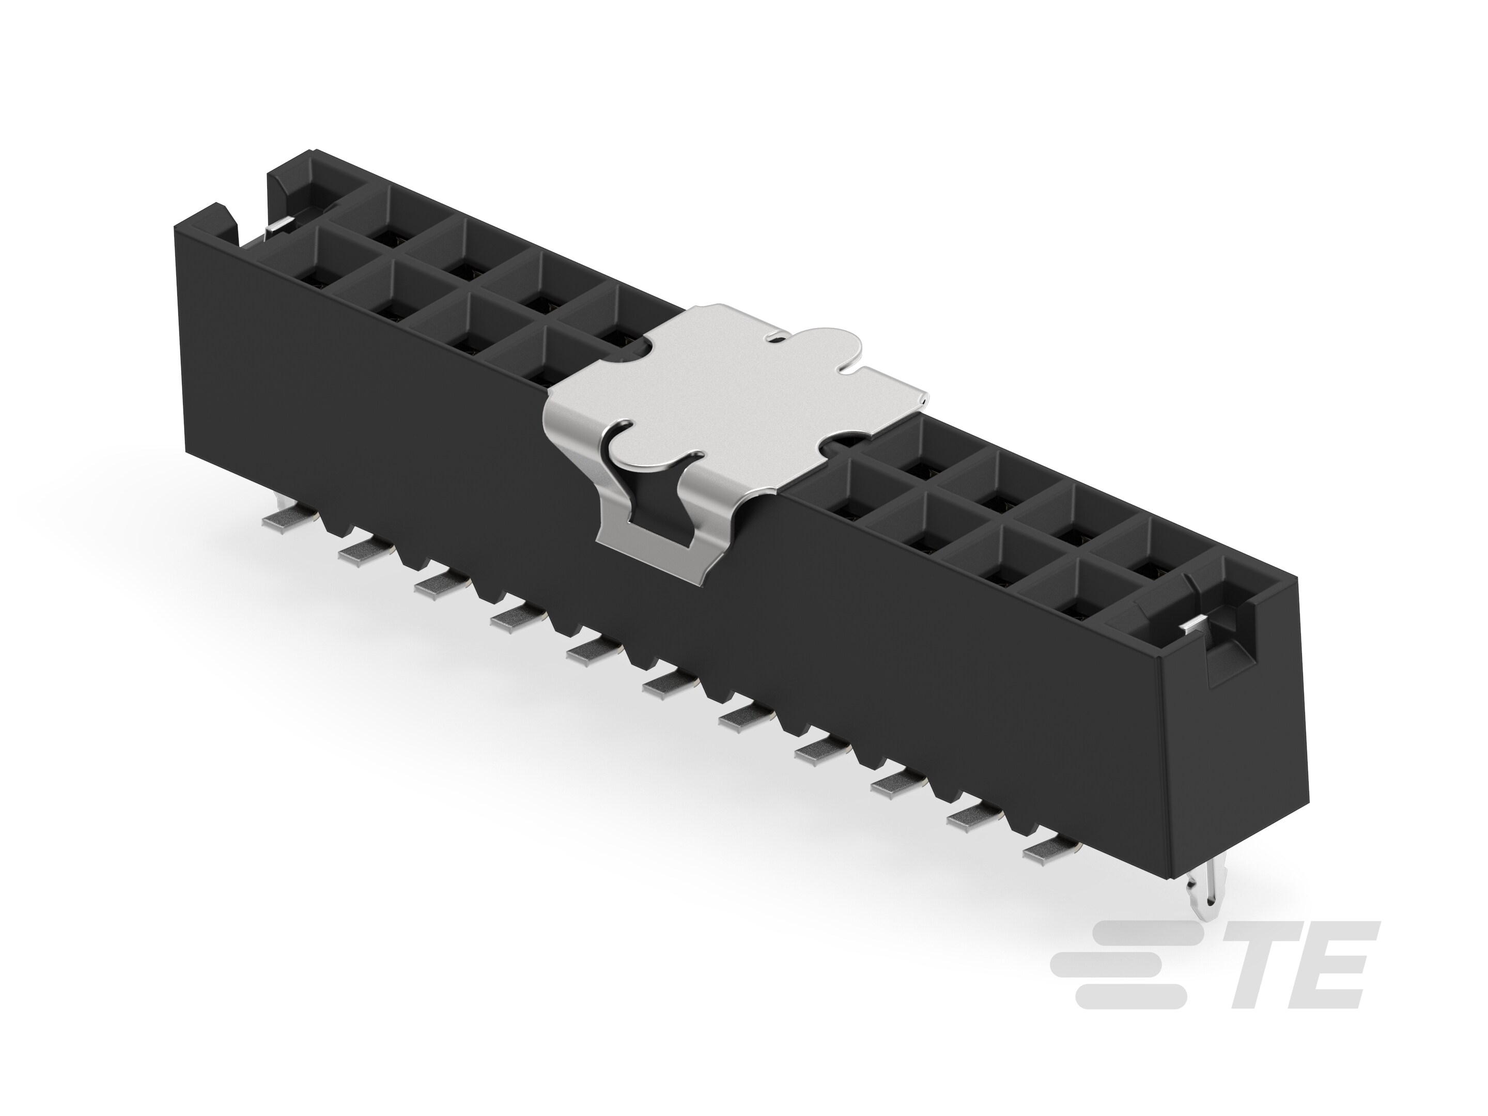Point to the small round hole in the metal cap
pos(774,341)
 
